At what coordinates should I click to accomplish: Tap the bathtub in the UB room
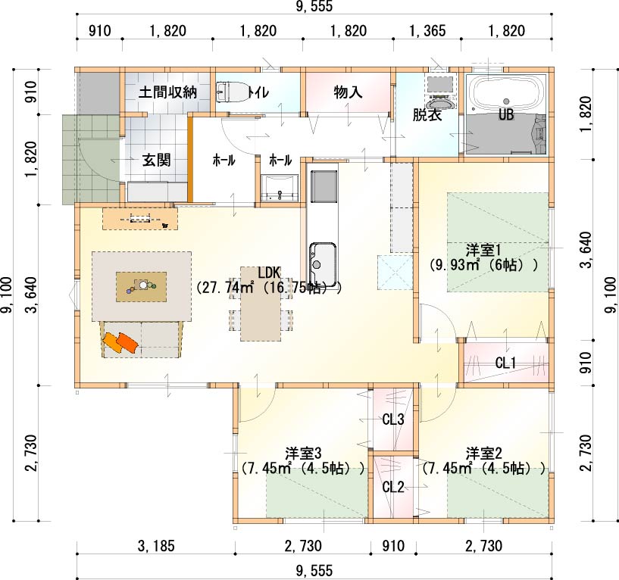(505, 94)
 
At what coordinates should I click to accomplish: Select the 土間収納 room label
(167, 92)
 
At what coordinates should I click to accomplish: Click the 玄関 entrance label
(156, 161)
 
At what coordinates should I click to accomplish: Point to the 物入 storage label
(348, 92)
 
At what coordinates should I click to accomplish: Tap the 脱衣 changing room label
(427, 115)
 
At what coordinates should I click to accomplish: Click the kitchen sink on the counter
(323, 264)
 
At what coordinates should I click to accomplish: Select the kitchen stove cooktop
(324, 186)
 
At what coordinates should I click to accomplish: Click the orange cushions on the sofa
(120, 342)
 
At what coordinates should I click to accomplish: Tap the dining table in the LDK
(261, 304)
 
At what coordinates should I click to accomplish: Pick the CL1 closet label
(505, 363)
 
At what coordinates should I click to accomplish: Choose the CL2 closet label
(393, 488)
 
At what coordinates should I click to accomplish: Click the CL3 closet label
(393, 419)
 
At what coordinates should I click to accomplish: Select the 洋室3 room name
(303, 453)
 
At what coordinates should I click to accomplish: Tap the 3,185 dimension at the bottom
(156, 546)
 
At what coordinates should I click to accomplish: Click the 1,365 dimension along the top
(427, 31)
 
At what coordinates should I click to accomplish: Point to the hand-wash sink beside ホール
(280, 189)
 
